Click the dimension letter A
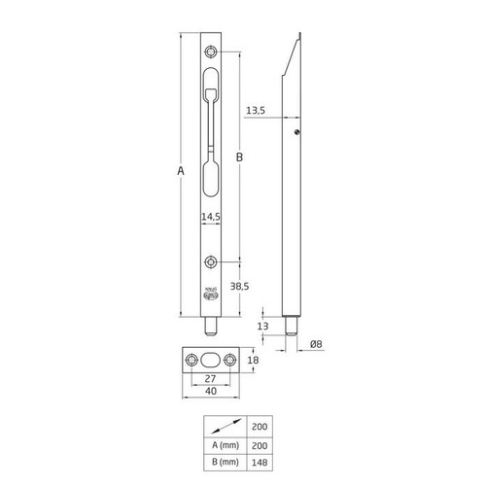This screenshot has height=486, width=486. point(181,171)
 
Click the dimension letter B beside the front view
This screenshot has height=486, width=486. point(239,156)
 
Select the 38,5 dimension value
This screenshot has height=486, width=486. point(239,287)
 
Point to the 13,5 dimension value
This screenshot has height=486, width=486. point(258,110)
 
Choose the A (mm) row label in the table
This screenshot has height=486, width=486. point(224,444)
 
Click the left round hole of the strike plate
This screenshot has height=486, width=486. point(192,360)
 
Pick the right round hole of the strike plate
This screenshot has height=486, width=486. point(229,360)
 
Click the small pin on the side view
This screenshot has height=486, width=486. point(298,131)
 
